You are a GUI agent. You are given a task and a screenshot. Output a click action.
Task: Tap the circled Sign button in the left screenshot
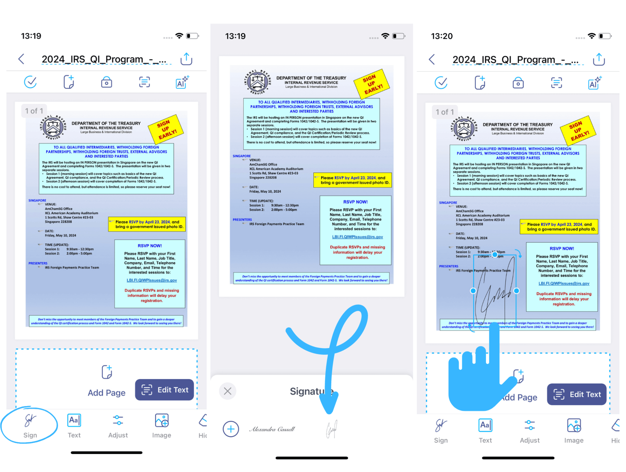[x=30, y=425]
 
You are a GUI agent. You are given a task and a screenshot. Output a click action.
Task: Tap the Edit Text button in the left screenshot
[x=164, y=390]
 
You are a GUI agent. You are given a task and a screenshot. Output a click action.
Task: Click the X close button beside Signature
[x=227, y=391]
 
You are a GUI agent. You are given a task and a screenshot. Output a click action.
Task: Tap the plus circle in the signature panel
[x=231, y=429]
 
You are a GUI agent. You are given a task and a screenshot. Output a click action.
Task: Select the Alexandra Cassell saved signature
[x=272, y=429]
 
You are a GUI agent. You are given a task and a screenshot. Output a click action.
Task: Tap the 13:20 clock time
[x=441, y=36]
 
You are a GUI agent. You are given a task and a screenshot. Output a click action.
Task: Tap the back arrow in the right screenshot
[x=432, y=59]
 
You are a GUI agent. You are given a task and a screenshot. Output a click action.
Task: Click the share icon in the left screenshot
[x=186, y=59]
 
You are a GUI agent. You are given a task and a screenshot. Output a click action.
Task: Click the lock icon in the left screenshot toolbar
[x=106, y=82]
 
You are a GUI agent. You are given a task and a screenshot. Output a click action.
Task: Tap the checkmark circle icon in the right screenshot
[x=441, y=83]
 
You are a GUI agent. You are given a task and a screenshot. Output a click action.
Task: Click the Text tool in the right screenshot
[x=485, y=430]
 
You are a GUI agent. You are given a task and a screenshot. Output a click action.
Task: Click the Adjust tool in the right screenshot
[x=529, y=430]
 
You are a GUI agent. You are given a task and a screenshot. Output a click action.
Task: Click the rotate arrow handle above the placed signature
[x=519, y=253]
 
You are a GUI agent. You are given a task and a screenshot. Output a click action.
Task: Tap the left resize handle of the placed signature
[x=473, y=291]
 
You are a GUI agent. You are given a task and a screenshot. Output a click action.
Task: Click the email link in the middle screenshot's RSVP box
[x=357, y=237]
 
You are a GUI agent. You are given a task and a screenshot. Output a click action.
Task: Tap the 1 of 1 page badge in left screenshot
[x=34, y=111]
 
